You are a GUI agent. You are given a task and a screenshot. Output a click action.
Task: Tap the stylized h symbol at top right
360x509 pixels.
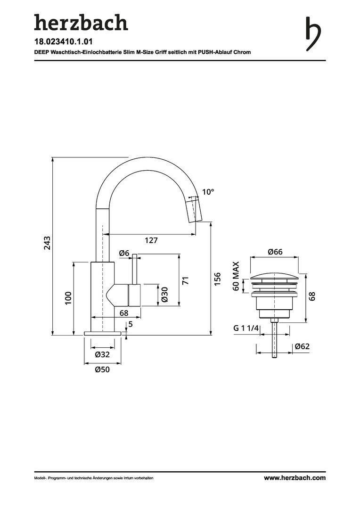[313, 34]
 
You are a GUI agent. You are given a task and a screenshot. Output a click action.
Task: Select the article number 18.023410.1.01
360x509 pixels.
[61, 41]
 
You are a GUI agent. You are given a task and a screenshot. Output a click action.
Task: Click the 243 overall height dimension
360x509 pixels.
[47, 243]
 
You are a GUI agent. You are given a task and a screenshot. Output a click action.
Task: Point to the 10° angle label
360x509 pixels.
[208, 192]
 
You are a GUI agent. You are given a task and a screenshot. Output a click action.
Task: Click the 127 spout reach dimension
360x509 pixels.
[151, 240]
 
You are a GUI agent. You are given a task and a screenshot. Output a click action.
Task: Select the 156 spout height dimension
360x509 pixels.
[217, 279]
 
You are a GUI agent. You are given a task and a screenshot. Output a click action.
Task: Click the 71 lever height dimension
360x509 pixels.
[185, 280]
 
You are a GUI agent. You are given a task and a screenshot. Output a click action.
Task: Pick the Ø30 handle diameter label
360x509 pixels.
[164, 295]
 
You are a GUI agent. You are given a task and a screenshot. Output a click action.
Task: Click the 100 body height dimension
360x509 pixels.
[68, 298]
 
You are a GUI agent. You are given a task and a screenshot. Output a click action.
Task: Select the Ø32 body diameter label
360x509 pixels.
[102, 354]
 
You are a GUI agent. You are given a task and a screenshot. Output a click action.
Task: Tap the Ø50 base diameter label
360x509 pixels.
[102, 369]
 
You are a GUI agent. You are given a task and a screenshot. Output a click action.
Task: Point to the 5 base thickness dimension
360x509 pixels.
[131, 324]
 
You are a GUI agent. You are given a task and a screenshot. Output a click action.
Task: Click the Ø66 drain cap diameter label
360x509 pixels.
[275, 252]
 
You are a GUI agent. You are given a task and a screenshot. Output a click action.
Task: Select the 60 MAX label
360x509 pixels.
[236, 276]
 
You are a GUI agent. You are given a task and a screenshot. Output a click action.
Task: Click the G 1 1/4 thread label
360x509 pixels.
[246, 328]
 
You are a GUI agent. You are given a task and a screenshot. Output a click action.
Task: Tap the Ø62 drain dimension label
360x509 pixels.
[302, 346]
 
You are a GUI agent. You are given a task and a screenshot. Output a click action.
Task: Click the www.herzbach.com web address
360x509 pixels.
[295, 477]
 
